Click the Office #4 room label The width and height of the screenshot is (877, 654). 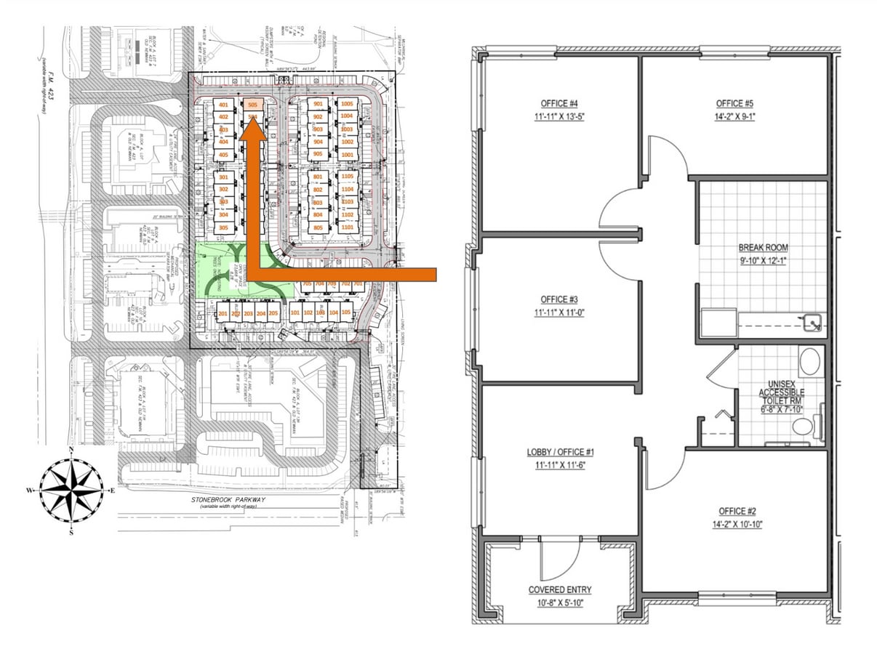point(559,103)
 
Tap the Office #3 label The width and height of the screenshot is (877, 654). point(559,299)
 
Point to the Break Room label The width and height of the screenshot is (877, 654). point(762,248)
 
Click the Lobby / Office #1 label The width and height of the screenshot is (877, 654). point(559,452)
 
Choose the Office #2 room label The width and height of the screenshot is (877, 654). point(737,511)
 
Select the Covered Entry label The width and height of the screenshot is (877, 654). point(559,590)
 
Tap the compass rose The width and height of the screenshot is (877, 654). point(71,490)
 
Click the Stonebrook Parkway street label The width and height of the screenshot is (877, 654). point(226,500)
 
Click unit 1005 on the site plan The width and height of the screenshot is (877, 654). point(347,104)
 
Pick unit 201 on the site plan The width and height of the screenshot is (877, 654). point(223,313)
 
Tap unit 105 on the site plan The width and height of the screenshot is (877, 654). point(345,312)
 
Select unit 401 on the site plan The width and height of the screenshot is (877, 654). point(223,105)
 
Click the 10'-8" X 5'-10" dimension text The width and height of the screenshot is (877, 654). point(559,602)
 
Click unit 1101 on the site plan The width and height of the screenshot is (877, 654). point(347,227)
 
